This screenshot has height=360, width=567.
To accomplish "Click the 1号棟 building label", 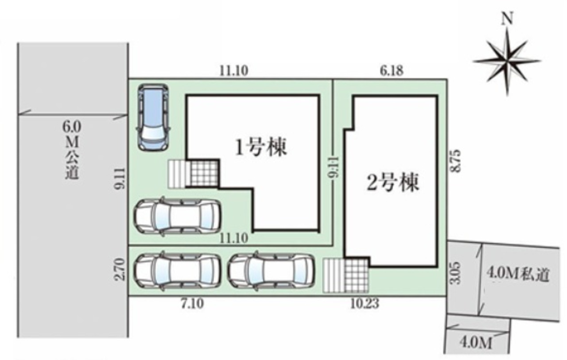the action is point(261,147).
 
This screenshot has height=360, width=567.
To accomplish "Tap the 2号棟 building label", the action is point(393,182).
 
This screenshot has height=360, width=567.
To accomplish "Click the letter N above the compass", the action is point(507,19).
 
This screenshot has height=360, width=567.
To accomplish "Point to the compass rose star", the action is point(507,61).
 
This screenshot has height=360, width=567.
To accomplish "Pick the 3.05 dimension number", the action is point(456,273).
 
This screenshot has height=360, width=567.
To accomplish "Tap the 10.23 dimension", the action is point(365,303).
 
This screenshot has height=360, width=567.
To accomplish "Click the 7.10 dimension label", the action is point(192,304).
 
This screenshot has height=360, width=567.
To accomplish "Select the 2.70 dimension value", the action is point(120,269).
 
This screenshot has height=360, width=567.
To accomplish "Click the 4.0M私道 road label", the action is point(518,275).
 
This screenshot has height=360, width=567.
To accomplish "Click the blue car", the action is point(153,117).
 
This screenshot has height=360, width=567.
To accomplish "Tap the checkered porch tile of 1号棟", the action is point(204,173).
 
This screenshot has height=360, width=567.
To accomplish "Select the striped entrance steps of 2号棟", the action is point(334,275).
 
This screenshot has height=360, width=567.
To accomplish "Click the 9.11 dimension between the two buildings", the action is point(334,167).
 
